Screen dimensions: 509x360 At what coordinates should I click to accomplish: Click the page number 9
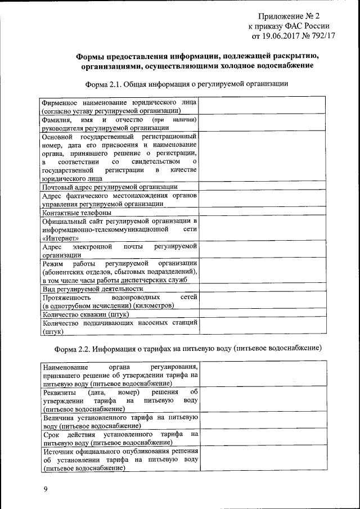[x=46, y=490]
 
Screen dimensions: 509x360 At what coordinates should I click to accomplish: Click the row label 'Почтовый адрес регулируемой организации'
[x=110, y=186]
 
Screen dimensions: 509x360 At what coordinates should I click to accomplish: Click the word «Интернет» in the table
[x=60, y=238]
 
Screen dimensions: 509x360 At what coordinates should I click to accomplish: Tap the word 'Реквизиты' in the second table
[x=60, y=391]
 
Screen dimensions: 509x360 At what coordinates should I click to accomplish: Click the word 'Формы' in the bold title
[x=90, y=56]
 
